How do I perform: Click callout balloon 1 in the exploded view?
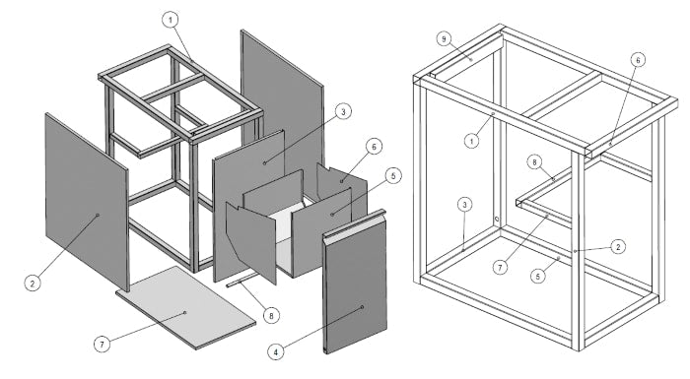point(171,20)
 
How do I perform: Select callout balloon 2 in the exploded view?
point(33,284)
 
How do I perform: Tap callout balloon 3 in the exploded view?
point(343,111)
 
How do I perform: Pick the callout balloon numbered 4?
point(276,351)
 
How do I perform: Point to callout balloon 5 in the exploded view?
point(393,176)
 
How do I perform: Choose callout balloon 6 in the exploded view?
point(374,147)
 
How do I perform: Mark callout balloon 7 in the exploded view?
point(103,344)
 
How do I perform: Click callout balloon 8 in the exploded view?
point(271,315)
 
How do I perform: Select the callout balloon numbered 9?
point(444,39)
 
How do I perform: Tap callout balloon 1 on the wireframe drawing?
point(472,141)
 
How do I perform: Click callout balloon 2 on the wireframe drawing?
point(618,247)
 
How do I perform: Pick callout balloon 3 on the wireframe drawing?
point(464,205)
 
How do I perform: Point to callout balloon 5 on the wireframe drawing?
point(538,276)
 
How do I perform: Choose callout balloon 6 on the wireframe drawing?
point(639,60)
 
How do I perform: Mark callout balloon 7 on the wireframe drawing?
point(500,267)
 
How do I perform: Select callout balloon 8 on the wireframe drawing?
point(534,162)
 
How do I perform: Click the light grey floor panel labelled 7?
point(185,307)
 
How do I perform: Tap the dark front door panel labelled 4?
point(355,282)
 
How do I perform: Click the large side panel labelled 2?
point(87,201)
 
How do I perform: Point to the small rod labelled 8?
point(241,280)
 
